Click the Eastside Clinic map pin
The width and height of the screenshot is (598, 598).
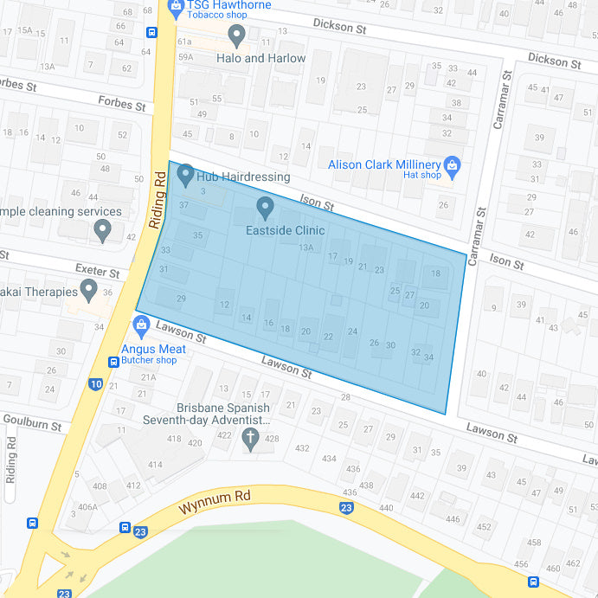point(266,208)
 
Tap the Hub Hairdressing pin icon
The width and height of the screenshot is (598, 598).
point(185,176)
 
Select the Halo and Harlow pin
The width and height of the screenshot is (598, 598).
point(237,35)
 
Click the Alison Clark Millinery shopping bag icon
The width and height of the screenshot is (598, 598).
point(451,164)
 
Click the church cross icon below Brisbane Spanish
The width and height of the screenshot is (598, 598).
point(252,438)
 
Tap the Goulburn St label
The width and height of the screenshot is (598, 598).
point(31,426)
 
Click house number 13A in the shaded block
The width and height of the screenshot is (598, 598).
point(306,248)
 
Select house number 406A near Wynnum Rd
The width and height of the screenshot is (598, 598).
point(88,507)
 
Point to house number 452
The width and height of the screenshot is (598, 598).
point(484,526)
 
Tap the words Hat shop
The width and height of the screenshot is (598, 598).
point(422,176)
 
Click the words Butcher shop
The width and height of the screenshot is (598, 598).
point(149,360)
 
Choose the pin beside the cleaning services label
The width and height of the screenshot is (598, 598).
point(103,230)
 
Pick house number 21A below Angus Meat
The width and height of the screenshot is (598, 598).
point(148,377)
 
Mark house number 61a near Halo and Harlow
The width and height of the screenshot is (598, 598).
point(184,41)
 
